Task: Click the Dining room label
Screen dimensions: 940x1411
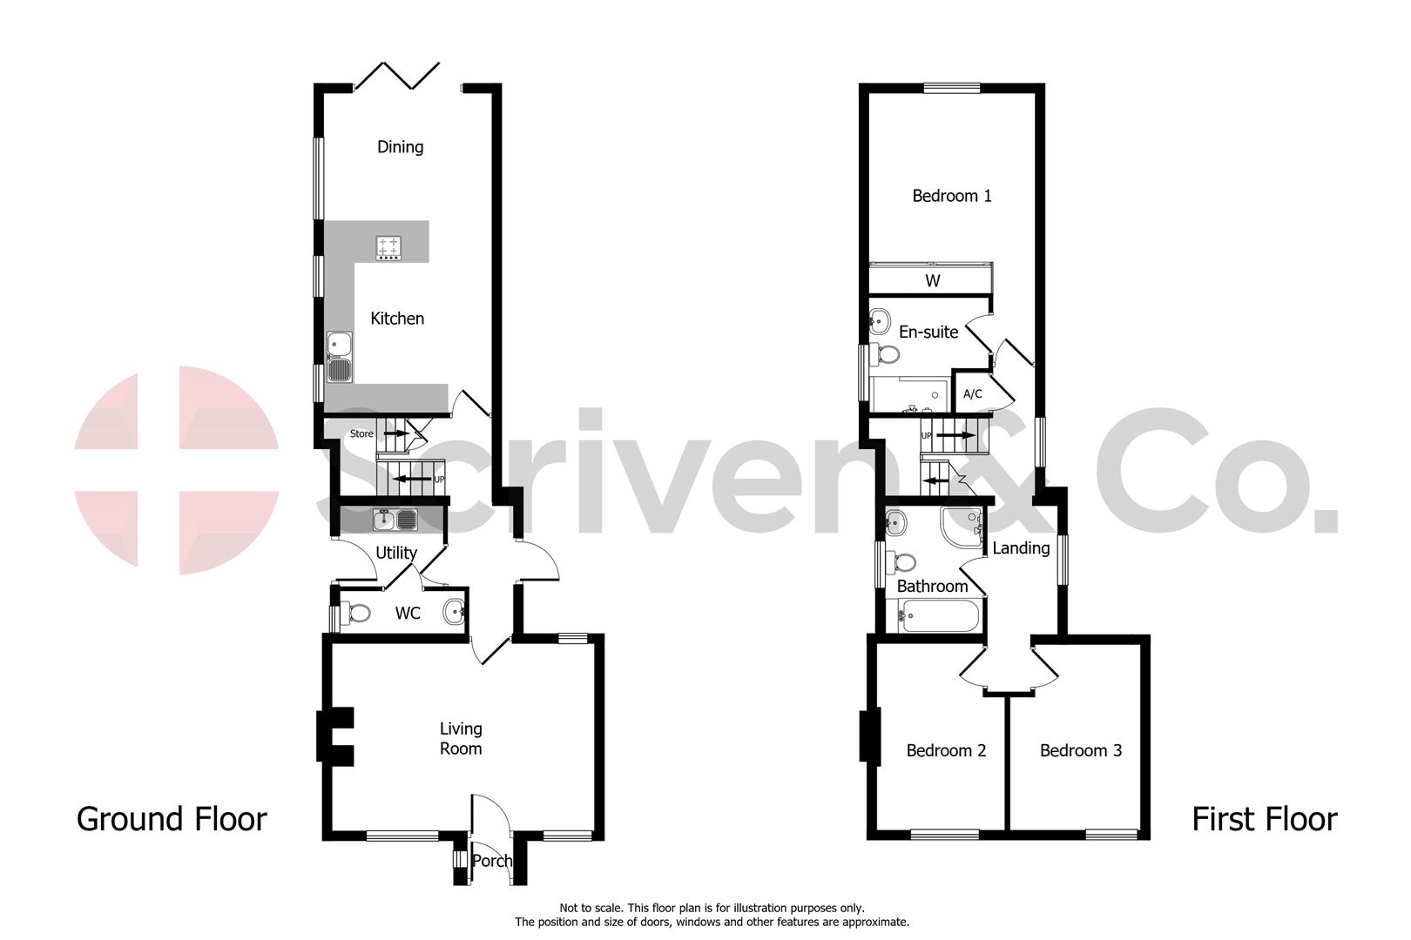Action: (400, 146)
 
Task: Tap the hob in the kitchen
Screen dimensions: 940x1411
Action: (388, 248)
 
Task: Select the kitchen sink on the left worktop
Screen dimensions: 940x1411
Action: (338, 357)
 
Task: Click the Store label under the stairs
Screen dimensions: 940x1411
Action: (361, 433)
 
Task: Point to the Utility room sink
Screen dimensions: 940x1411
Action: (395, 520)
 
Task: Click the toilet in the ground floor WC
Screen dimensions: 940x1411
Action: (356, 614)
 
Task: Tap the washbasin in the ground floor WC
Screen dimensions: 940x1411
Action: (454, 613)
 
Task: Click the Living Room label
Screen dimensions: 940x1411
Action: (460, 738)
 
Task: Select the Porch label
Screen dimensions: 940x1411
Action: (491, 861)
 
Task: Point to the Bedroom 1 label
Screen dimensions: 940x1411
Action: (951, 196)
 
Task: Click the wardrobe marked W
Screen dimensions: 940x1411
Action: (932, 280)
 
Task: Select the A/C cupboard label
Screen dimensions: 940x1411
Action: (972, 394)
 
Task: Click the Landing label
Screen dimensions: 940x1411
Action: (1021, 548)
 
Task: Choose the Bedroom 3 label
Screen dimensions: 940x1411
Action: (1080, 750)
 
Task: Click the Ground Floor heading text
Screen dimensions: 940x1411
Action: (172, 819)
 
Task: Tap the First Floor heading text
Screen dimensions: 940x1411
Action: (1263, 819)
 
